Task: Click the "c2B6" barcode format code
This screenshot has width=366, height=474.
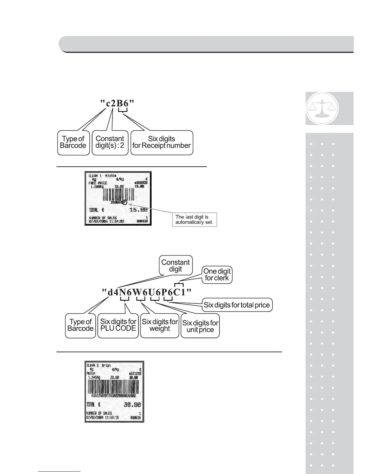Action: pos(117,103)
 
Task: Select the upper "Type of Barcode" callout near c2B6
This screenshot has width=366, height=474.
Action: pos(73,142)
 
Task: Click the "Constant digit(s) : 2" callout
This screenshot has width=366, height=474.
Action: pos(110,142)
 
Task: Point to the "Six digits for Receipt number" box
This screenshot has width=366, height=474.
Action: pos(161,142)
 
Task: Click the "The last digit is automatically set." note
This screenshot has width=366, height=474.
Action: pos(194,220)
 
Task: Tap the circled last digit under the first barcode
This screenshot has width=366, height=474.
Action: pos(125,202)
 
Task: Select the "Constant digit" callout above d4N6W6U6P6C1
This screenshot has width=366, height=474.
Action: pos(176,265)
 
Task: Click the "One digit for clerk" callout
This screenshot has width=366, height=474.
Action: pos(217,275)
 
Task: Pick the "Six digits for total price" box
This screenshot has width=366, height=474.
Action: pos(237,305)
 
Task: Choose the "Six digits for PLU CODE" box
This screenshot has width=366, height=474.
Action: pos(118,325)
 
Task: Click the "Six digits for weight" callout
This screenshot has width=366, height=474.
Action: pos(160,325)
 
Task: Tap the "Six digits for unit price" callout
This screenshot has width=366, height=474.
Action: pos(200,326)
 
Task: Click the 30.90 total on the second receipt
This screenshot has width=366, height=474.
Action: pos(132,405)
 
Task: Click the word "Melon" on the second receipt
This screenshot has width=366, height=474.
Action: pos(91,373)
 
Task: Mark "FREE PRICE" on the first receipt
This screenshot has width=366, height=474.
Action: pos(98,183)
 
